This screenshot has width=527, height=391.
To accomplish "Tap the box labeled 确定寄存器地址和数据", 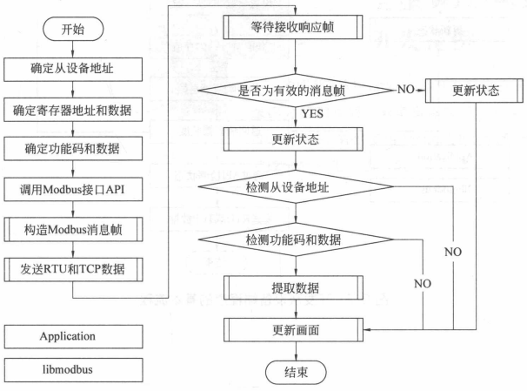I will coord(73,111).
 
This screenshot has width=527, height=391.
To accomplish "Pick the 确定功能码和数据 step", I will coord(73,148).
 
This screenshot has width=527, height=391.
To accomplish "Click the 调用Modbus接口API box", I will coord(73,188).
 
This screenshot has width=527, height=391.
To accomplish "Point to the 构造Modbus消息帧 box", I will coord(73,227).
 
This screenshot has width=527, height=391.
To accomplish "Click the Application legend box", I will coord(73,334).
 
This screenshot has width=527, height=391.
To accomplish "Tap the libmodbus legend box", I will coord(73,368).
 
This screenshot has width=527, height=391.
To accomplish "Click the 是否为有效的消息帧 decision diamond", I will coord(297,90).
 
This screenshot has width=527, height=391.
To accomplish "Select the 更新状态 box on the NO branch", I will coord(476,90).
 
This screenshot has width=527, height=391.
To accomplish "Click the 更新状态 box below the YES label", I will coord(297,139).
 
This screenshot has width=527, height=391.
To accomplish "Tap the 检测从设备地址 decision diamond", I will coord(297,187).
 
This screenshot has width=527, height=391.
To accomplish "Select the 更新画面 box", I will coord(297,330).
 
